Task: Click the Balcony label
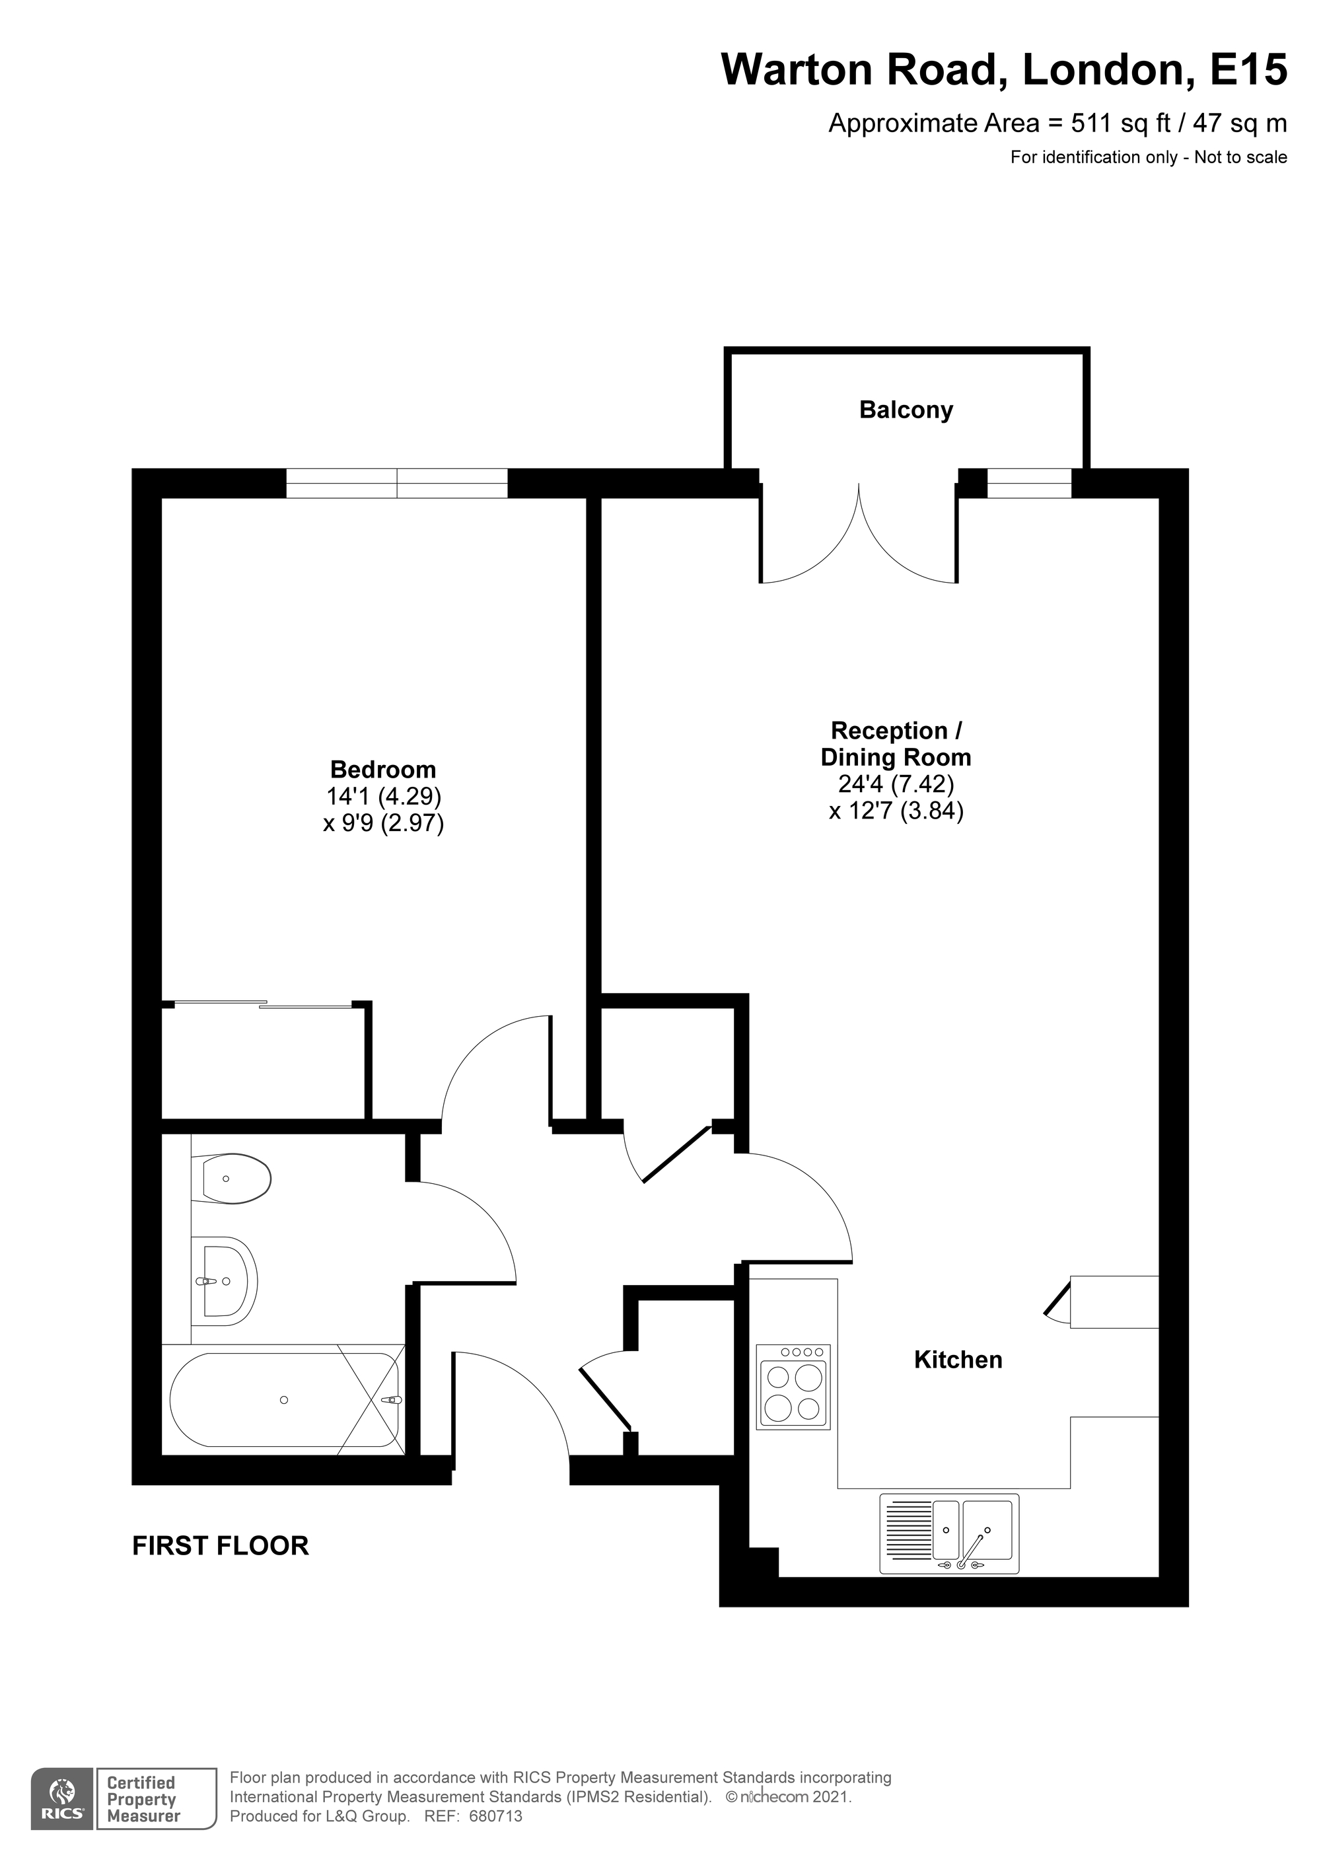tap(906, 410)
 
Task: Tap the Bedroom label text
tap(382, 769)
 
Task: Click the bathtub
tap(284, 1399)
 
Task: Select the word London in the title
tap(1103, 70)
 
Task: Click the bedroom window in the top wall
tap(397, 484)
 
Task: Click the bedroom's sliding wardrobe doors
tap(263, 1004)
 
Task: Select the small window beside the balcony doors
tap(1030, 484)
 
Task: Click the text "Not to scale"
tap(1240, 157)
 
